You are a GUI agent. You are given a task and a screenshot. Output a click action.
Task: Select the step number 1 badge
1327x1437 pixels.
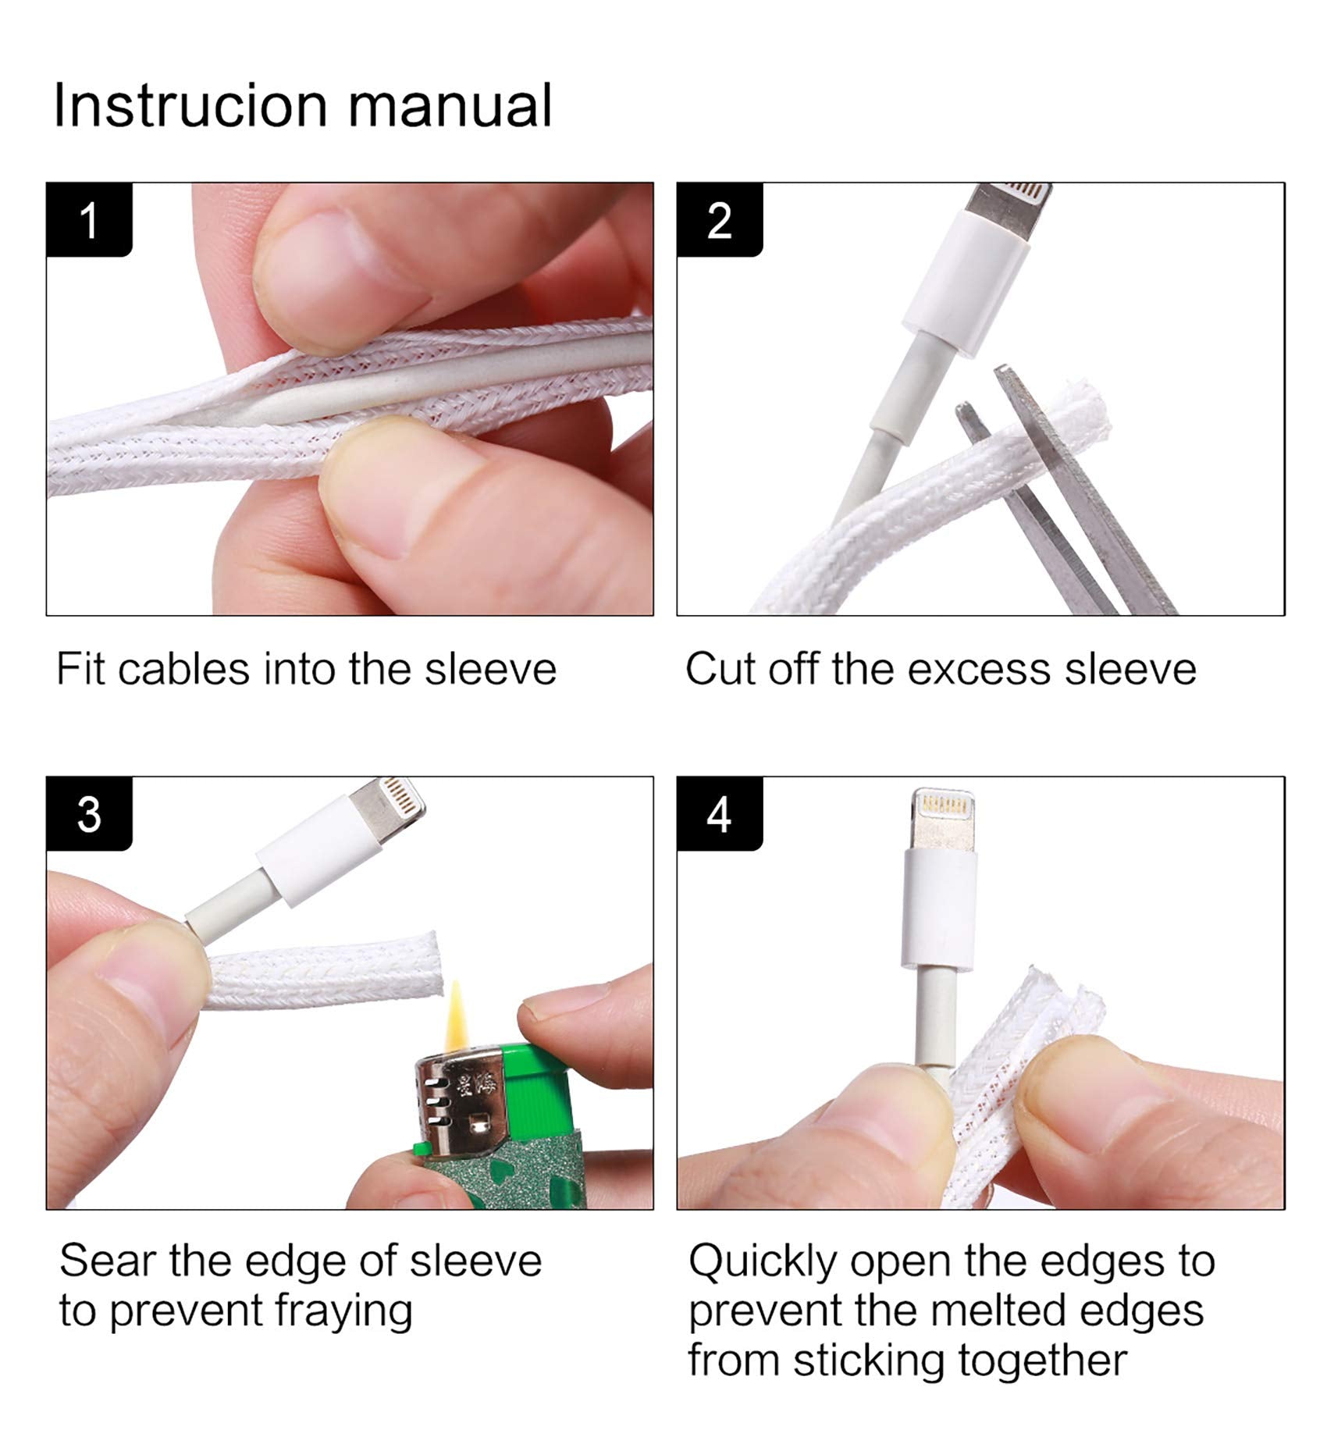pyautogui.click(x=89, y=220)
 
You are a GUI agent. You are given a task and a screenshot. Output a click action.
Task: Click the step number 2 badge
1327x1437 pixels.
pyautogui.click(x=719, y=220)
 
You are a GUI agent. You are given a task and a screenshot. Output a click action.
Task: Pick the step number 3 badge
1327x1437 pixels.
pyautogui.click(x=89, y=814)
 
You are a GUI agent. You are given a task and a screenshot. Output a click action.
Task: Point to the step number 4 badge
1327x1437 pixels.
pyautogui.click(x=719, y=814)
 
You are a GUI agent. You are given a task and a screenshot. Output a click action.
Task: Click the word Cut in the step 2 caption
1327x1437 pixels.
pyautogui.click(x=721, y=669)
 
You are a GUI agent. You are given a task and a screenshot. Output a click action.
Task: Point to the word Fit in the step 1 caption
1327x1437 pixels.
pyautogui.click(x=80, y=669)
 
